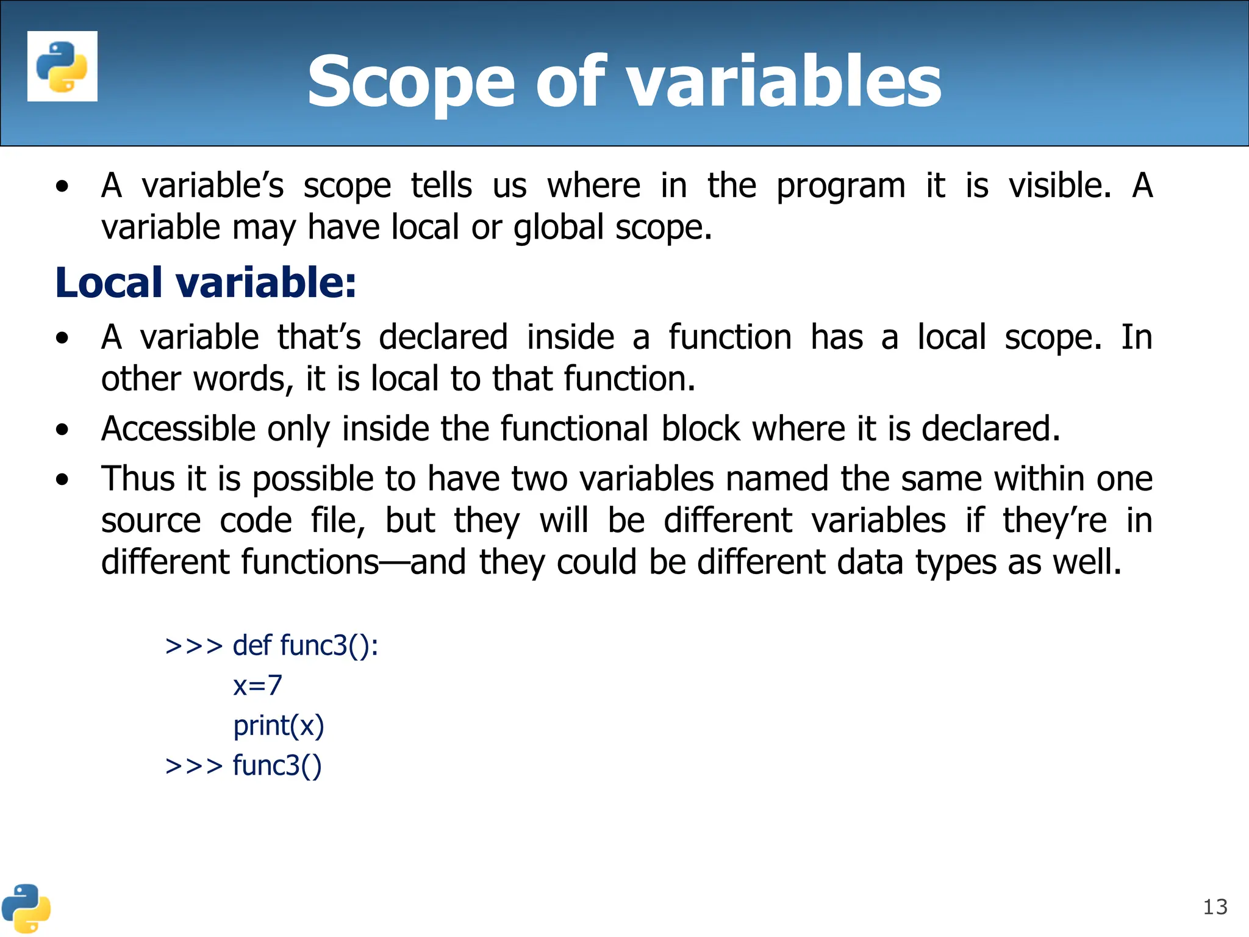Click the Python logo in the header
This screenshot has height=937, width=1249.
pos(62,66)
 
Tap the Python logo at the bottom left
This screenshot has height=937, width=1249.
pos(26,908)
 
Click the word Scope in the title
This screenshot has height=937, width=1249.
pos(411,82)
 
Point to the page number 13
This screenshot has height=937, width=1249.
pos(1215,907)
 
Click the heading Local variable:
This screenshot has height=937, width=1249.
pos(206,283)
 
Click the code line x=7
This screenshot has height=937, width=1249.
pos(257,686)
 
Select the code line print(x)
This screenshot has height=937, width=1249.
pos(279,726)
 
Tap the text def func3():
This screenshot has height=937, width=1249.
pos(305,645)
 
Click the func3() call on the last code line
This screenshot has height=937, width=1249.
pos(277,766)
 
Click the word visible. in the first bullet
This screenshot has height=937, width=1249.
pos(1060,185)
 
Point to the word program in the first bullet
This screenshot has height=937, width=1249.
pos(840,187)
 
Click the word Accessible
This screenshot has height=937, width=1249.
pos(178,429)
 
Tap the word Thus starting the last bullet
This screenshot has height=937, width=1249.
pos(138,478)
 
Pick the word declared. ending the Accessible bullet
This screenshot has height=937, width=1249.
pos(990,429)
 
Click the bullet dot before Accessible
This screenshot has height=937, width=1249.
pos(62,430)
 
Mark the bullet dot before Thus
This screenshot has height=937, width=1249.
pos(62,480)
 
